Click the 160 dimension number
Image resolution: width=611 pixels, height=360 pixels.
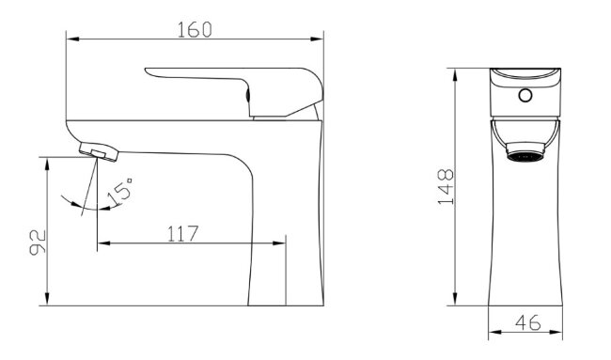coord(195,30)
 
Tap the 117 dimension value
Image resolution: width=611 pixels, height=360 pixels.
coord(182,233)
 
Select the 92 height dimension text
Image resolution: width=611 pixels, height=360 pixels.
coord(38,243)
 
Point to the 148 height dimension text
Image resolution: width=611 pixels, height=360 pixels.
coord(446,187)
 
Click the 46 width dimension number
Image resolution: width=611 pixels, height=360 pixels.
coord(528,322)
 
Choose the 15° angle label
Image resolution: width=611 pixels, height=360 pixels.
coord(120,191)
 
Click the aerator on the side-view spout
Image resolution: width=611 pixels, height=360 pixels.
coord(99,151)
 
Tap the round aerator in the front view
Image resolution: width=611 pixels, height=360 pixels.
coord(525,152)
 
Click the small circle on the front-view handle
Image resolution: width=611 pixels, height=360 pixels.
coord(525,95)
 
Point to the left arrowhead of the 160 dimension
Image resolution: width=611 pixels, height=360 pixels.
coord(73,39)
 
